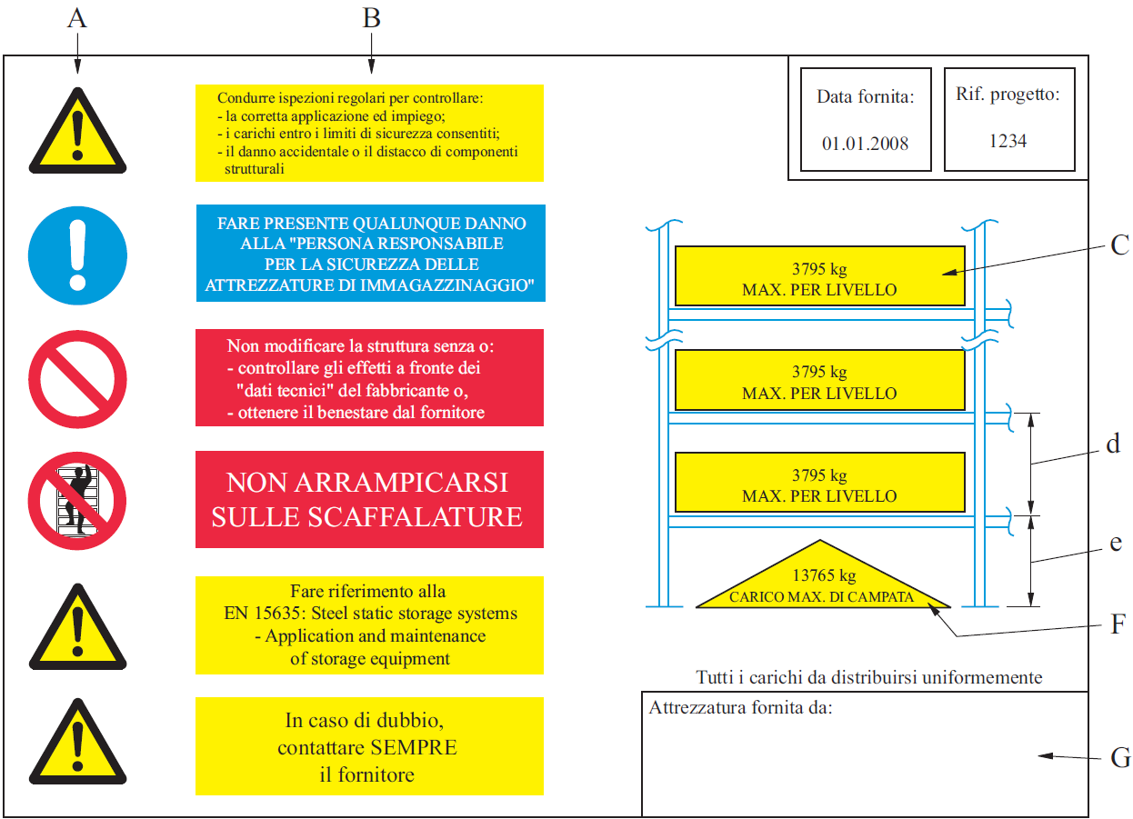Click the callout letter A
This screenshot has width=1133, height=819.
coord(77,18)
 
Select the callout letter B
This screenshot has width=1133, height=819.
coord(371,18)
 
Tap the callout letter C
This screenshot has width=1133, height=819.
coord(1119,245)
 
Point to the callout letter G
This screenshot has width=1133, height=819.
coord(1121,757)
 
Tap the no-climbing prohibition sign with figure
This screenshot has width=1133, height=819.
coord(77,500)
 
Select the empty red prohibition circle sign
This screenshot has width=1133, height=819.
coord(77,378)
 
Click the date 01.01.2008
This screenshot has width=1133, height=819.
coord(865,144)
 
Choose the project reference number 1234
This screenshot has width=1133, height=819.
coord(1007,141)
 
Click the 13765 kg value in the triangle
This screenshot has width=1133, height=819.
coord(824,575)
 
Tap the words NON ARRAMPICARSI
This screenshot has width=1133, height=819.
coord(367,482)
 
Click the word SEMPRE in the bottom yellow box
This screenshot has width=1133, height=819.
coord(413,748)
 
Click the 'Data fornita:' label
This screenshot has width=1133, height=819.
coord(865,96)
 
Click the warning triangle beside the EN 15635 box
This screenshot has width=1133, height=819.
coord(77,629)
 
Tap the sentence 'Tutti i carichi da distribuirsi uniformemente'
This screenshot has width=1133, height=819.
coord(868,677)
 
